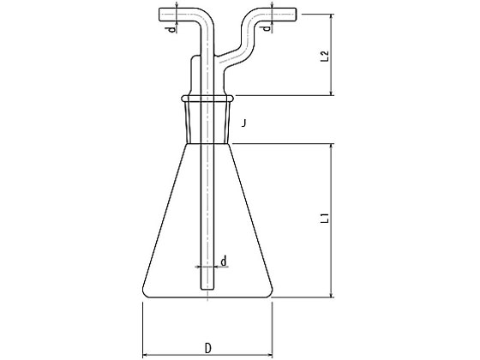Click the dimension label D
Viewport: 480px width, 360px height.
click(208, 348)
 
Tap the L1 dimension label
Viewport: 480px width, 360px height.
click(325, 218)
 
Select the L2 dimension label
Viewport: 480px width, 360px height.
click(325, 56)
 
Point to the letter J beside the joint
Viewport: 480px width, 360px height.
click(243, 123)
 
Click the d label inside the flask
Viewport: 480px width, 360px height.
click(224, 261)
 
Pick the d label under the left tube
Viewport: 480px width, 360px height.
click(172, 29)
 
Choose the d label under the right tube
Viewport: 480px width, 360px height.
click(267, 28)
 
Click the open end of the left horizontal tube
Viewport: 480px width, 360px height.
click(159, 15)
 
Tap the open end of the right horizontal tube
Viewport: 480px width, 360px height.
click(296, 15)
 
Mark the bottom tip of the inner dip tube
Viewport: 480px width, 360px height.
click(207, 290)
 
